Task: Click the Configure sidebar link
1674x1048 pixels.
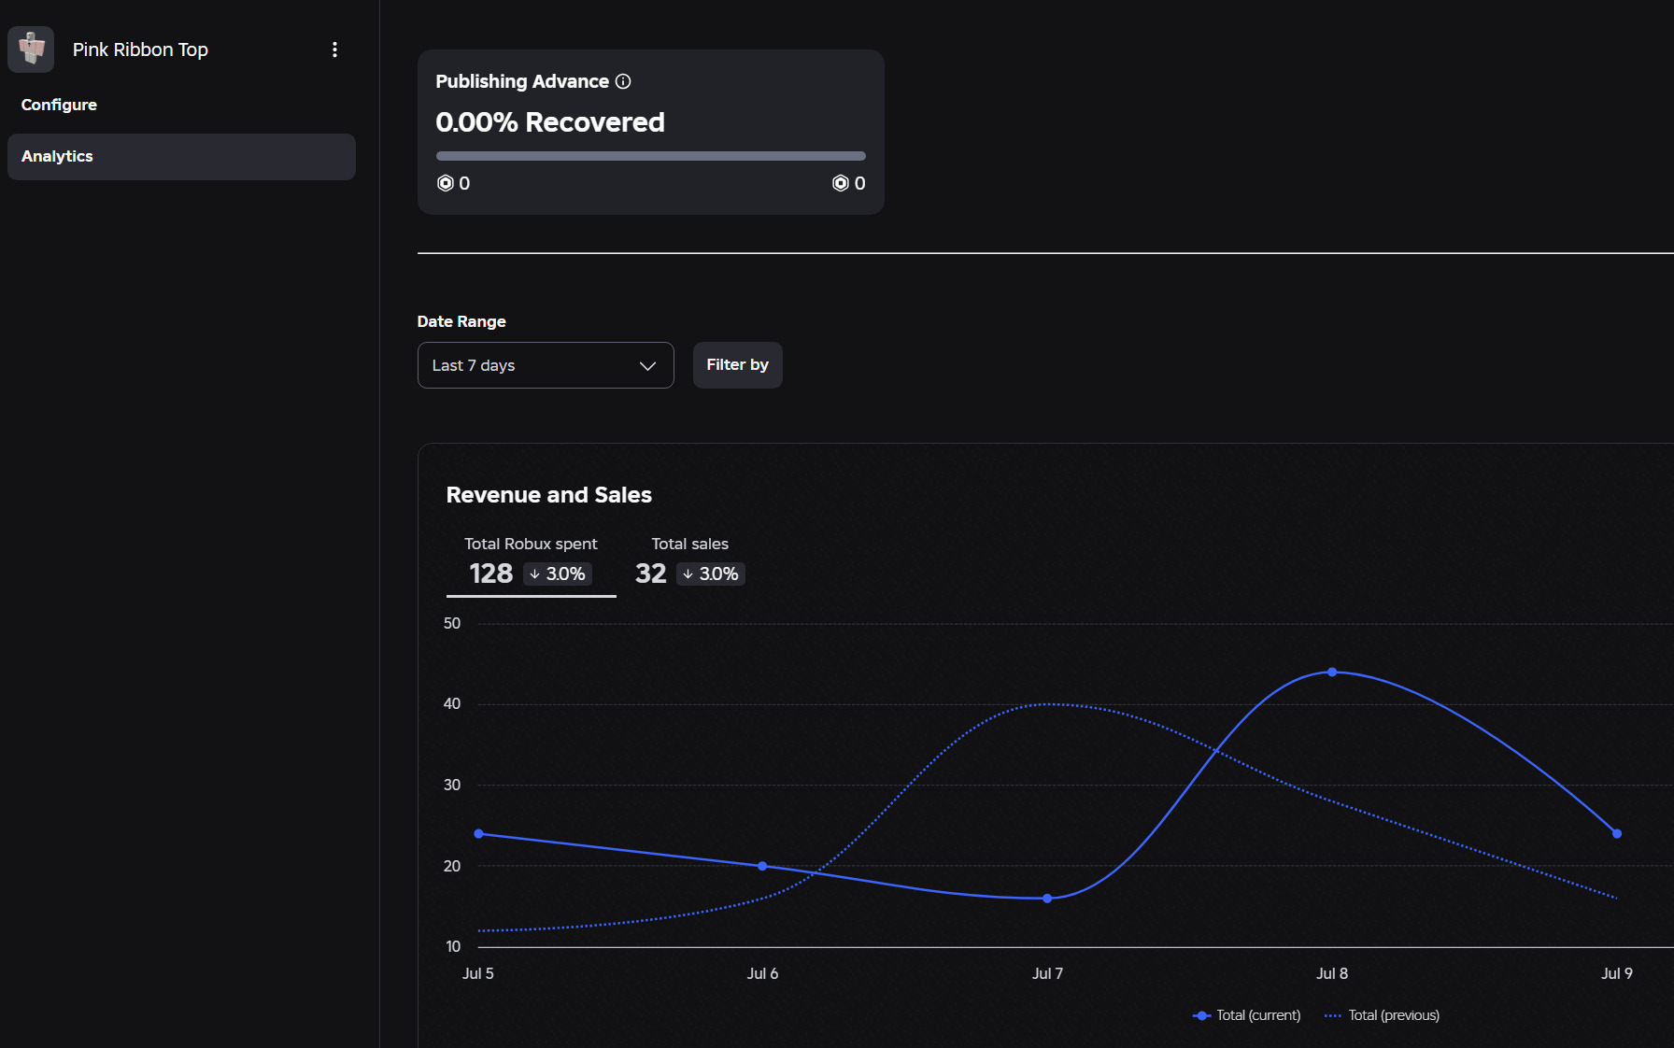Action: coord(59,105)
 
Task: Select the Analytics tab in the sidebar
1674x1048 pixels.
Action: coord(181,157)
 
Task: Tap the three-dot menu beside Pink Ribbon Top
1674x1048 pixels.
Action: coord(334,50)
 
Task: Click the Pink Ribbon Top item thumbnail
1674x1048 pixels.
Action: coord(31,50)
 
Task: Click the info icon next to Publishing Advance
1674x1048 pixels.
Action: coord(623,81)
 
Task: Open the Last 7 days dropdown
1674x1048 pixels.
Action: coord(546,365)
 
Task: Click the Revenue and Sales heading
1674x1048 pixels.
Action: coord(549,495)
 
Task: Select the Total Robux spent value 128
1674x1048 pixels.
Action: coord(491,574)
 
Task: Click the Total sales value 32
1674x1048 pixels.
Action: coord(651,574)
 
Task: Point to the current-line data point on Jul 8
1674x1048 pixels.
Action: coord(1332,673)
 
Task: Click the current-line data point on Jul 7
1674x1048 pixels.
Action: coord(1047,899)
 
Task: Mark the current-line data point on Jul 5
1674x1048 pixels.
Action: coord(478,833)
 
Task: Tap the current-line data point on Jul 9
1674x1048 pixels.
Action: coord(1617,833)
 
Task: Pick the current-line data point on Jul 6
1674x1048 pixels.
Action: coord(762,866)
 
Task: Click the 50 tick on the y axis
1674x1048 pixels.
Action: coord(452,623)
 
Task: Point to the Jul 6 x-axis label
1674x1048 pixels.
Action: coord(762,973)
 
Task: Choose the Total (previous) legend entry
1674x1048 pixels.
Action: coord(1383,1015)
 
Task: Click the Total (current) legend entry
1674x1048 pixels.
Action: coord(1247,1015)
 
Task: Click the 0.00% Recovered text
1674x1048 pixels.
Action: coord(550,122)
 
